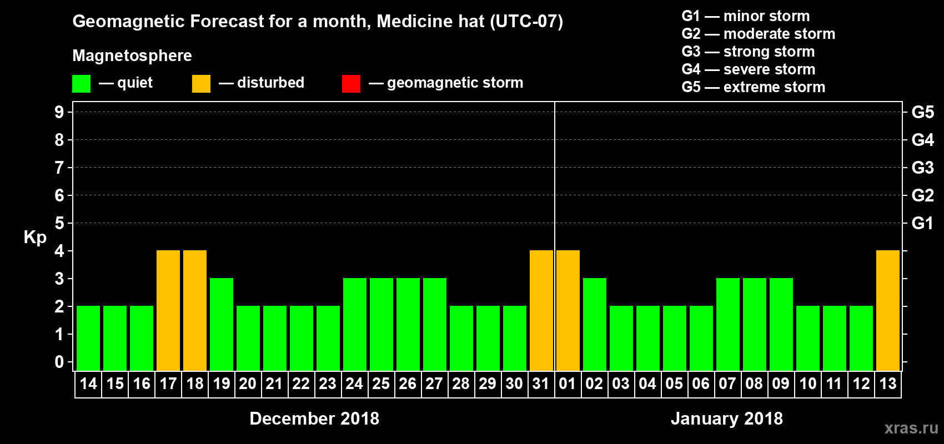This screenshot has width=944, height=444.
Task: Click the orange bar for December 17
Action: (x=168, y=310)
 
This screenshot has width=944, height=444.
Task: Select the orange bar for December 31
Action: (x=541, y=310)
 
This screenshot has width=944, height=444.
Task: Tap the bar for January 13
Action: (x=888, y=310)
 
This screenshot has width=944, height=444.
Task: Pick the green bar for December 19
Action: (x=222, y=324)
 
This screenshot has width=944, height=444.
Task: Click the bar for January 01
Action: (x=568, y=310)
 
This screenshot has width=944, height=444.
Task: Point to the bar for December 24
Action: (x=355, y=324)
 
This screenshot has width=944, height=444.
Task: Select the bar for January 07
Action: (x=728, y=324)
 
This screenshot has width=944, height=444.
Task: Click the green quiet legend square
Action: (x=82, y=84)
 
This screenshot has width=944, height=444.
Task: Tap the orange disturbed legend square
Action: (x=201, y=84)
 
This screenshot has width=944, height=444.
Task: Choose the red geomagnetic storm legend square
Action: (x=351, y=84)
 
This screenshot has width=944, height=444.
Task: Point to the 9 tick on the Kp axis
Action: (x=59, y=112)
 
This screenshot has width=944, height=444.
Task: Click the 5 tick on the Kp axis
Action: (x=59, y=223)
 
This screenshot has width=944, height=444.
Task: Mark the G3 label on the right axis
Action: (x=922, y=168)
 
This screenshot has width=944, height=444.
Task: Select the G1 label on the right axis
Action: (x=922, y=223)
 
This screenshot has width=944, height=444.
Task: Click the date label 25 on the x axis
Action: (x=381, y=384)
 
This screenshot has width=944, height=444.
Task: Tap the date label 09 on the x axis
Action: (x=781, y=384)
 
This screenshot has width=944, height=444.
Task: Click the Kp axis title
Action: (x=35, y=237)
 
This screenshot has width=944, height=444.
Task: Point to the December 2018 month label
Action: (x=314, y=418)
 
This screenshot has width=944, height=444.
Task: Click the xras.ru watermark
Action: (x=911, y=428)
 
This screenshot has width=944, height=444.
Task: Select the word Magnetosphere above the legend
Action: (x=132, y=56)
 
